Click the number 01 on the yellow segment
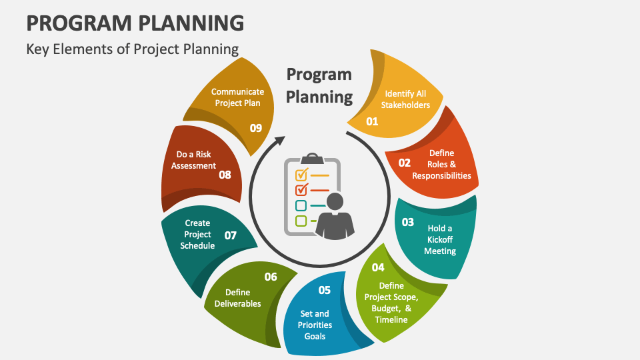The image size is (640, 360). click(372, 121)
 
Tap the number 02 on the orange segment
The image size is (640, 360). click(405, 163)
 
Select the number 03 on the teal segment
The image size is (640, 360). click(408, 222)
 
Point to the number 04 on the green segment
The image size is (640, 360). click(378, 267)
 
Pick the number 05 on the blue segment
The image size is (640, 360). click(325, 290)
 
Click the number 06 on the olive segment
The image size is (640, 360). click(271, 277)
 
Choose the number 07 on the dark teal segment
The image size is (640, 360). click(231, 235)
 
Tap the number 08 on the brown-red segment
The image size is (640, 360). click(225, 175)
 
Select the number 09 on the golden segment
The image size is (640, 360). click(256, 128)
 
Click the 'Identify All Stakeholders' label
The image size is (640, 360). click(405, 99)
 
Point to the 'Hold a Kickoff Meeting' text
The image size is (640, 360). click(439, 239)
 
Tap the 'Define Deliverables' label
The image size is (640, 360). click(237, 298)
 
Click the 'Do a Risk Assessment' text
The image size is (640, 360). click(193, 160)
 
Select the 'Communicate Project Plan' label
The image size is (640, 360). click(237, 97)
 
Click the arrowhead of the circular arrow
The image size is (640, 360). click(280, 141)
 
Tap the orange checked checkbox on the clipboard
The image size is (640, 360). click(301, 175)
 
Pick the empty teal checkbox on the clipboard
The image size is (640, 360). click(301, 206)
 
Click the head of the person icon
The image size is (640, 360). click(335, 201)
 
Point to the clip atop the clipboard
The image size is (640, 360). click(312, 159)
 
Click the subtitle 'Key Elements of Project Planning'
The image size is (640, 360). click(132, 49)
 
